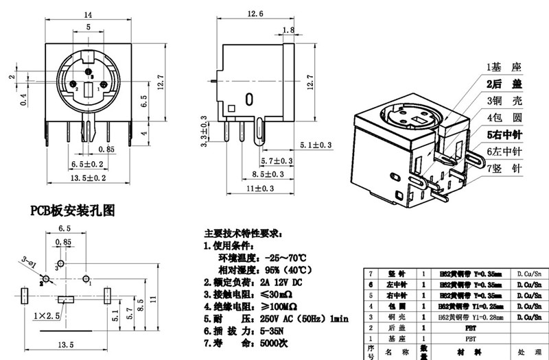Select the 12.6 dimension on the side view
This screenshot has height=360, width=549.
point(255,14)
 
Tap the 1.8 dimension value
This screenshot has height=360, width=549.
point(288,30)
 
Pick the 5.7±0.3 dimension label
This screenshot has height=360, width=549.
point(277,161)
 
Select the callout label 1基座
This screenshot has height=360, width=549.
point(505,67)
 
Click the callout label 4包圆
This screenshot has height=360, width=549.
point(505,117)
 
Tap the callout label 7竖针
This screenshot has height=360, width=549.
point(505,168)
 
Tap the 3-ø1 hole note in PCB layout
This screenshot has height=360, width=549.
point(29,261)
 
